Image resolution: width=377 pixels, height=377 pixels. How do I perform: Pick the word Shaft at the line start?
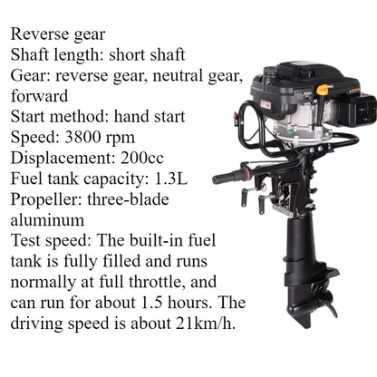coord(31,55)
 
